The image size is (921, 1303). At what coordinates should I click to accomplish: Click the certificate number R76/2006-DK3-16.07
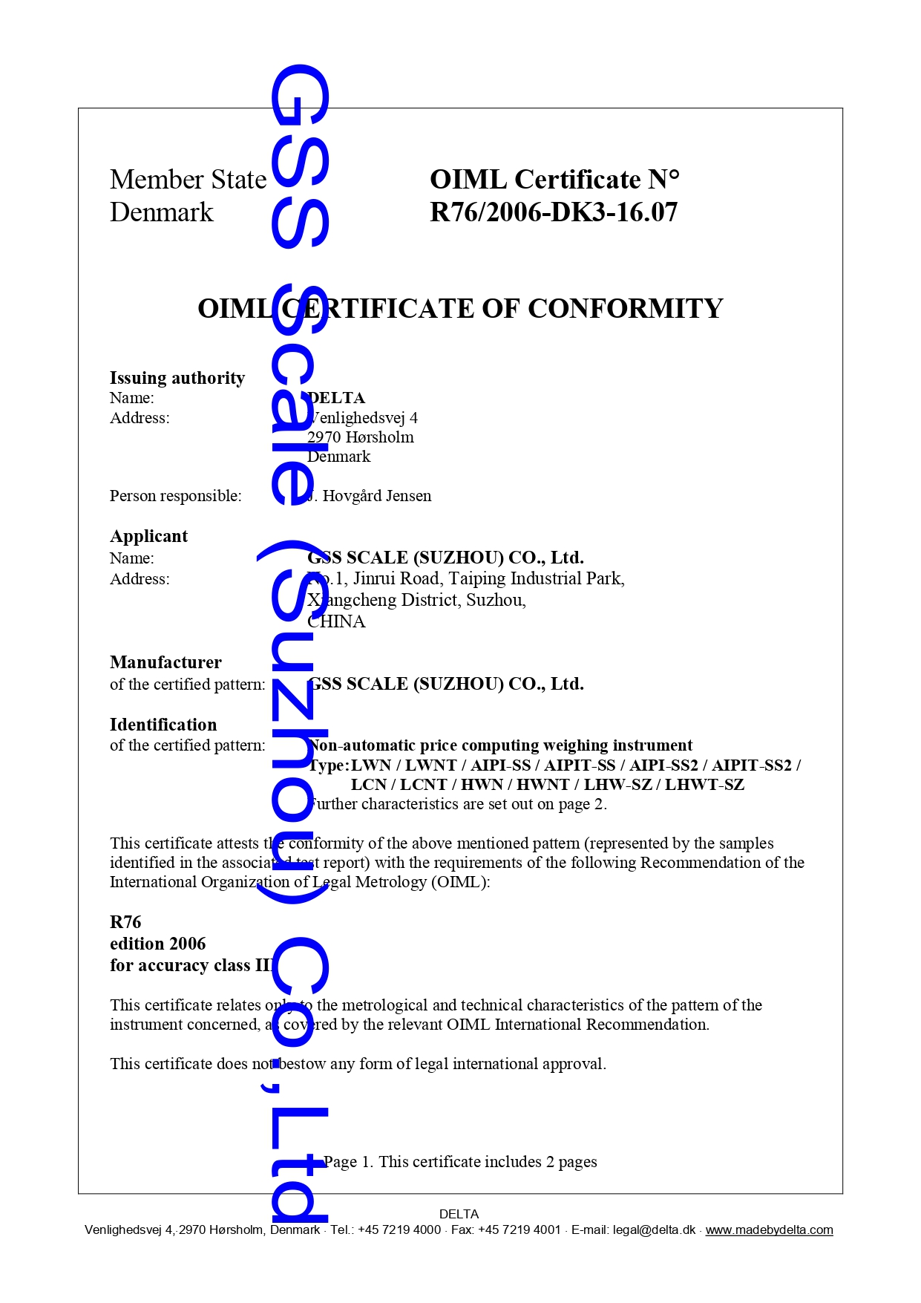[x=553, y=212]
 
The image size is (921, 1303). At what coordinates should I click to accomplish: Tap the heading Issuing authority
[x=177, y=378]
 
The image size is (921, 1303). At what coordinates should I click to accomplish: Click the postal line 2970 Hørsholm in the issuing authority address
[x=361, y=437]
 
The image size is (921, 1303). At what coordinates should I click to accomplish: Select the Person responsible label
[x=175, y=496]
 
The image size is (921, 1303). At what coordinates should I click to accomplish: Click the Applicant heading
[x=148, y=536]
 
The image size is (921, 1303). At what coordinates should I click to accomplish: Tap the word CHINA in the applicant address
[x=337, y=621]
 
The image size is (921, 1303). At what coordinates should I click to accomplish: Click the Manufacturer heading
[x=165, y=662]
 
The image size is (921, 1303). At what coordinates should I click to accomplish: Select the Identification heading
[x=163, y=725]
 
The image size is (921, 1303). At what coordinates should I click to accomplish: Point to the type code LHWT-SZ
[x=704, y=785]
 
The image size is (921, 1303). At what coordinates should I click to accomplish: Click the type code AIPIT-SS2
[x=752, y=765]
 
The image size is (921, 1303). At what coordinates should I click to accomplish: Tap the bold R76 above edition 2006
[x=125, y=922]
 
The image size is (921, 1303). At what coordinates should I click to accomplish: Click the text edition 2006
[x=157, y=944]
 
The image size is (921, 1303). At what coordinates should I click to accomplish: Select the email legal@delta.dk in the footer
[x=654, y=1230]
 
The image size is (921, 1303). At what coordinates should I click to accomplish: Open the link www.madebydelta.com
[x=769, y=1230]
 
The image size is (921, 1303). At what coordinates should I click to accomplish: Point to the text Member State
[x=188, y=180]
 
